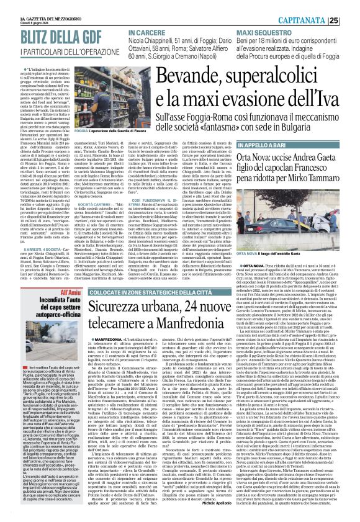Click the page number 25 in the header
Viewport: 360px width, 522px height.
point(351,20)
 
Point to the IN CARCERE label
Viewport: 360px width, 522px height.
point(145,30)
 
